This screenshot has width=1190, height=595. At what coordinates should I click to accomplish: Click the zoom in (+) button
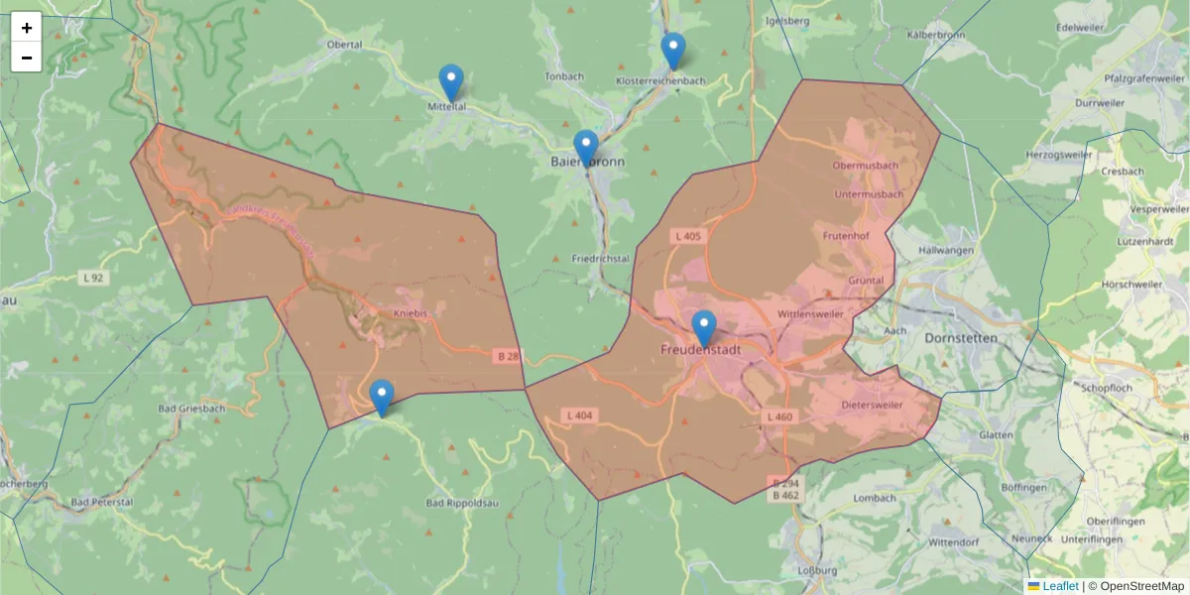(27, 27)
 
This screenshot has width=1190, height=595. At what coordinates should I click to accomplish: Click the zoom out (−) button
(27, 58)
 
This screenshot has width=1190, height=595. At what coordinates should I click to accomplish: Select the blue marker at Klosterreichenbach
(673, 51)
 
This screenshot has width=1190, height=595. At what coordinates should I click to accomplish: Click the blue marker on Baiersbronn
(586, 148)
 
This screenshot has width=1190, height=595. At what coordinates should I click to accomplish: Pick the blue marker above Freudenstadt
(703, 328)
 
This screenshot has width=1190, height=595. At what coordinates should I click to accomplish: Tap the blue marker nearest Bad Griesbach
(381, 398)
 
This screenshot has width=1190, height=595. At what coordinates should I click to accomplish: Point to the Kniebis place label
(411, 313)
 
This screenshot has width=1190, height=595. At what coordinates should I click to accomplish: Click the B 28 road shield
(508, 354)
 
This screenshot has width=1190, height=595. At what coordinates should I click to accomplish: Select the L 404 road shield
(579, 415)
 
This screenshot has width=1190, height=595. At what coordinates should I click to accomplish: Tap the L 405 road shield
(687, 236)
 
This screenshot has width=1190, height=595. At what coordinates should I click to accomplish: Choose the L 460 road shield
(779, 416)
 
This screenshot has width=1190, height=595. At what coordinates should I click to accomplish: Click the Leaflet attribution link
(1060, 586)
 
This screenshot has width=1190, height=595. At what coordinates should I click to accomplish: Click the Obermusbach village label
(866, 165)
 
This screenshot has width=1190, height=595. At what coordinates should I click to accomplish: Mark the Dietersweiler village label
(873, 406)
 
